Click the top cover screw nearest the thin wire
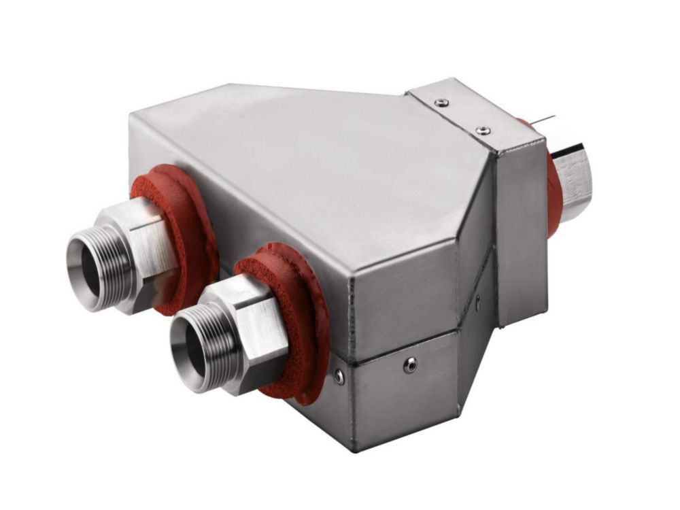tap(483, 130)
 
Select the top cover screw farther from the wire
tap(443, 103)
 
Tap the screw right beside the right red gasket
tap(338, 374)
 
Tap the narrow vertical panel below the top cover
tap(521, 231)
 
